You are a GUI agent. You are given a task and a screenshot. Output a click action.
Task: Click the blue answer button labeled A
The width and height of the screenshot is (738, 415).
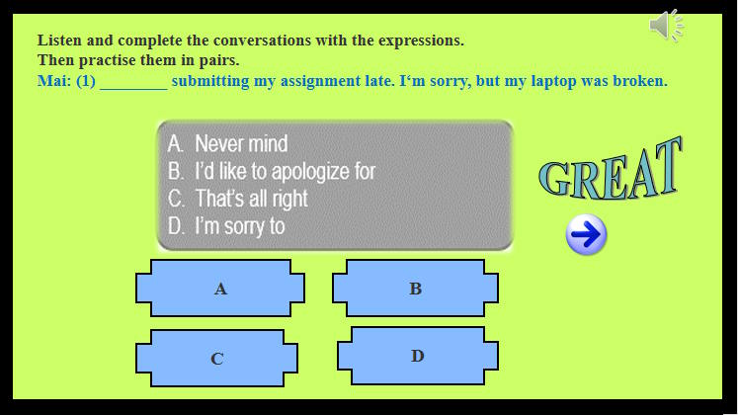220,289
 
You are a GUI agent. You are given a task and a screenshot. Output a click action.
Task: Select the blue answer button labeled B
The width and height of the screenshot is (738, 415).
415,289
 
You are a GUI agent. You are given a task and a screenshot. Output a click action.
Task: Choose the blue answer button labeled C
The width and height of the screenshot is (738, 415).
216,358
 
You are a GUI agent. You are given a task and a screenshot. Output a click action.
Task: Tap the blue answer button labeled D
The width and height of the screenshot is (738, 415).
417,356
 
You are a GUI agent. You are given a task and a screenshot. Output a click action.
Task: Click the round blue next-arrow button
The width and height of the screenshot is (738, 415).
586,235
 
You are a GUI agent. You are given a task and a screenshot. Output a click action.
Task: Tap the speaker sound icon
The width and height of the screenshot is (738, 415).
667,25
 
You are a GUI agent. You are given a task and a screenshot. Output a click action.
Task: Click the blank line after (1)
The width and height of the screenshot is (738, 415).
133,82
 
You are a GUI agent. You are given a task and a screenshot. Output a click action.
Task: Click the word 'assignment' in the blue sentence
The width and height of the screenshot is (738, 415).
318,81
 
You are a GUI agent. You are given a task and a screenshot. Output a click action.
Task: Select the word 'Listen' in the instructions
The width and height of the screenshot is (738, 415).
60,41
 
